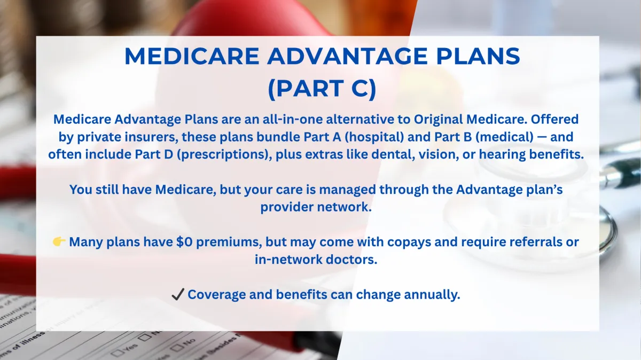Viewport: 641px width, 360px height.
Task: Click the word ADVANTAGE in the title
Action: [x=348, y=56]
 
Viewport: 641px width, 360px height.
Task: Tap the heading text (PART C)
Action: [x=322, y=89]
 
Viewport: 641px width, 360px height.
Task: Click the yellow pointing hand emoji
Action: [x=59, y=242]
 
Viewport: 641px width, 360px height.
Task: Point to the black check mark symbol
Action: [x=178, y=294]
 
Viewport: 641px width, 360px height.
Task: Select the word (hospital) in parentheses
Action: [x=374, y=137]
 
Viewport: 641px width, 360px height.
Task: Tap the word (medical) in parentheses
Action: [x=504, y=137]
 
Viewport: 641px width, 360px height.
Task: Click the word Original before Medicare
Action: [x=439, y=119]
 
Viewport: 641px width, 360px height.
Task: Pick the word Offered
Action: [x=555, y=119]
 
